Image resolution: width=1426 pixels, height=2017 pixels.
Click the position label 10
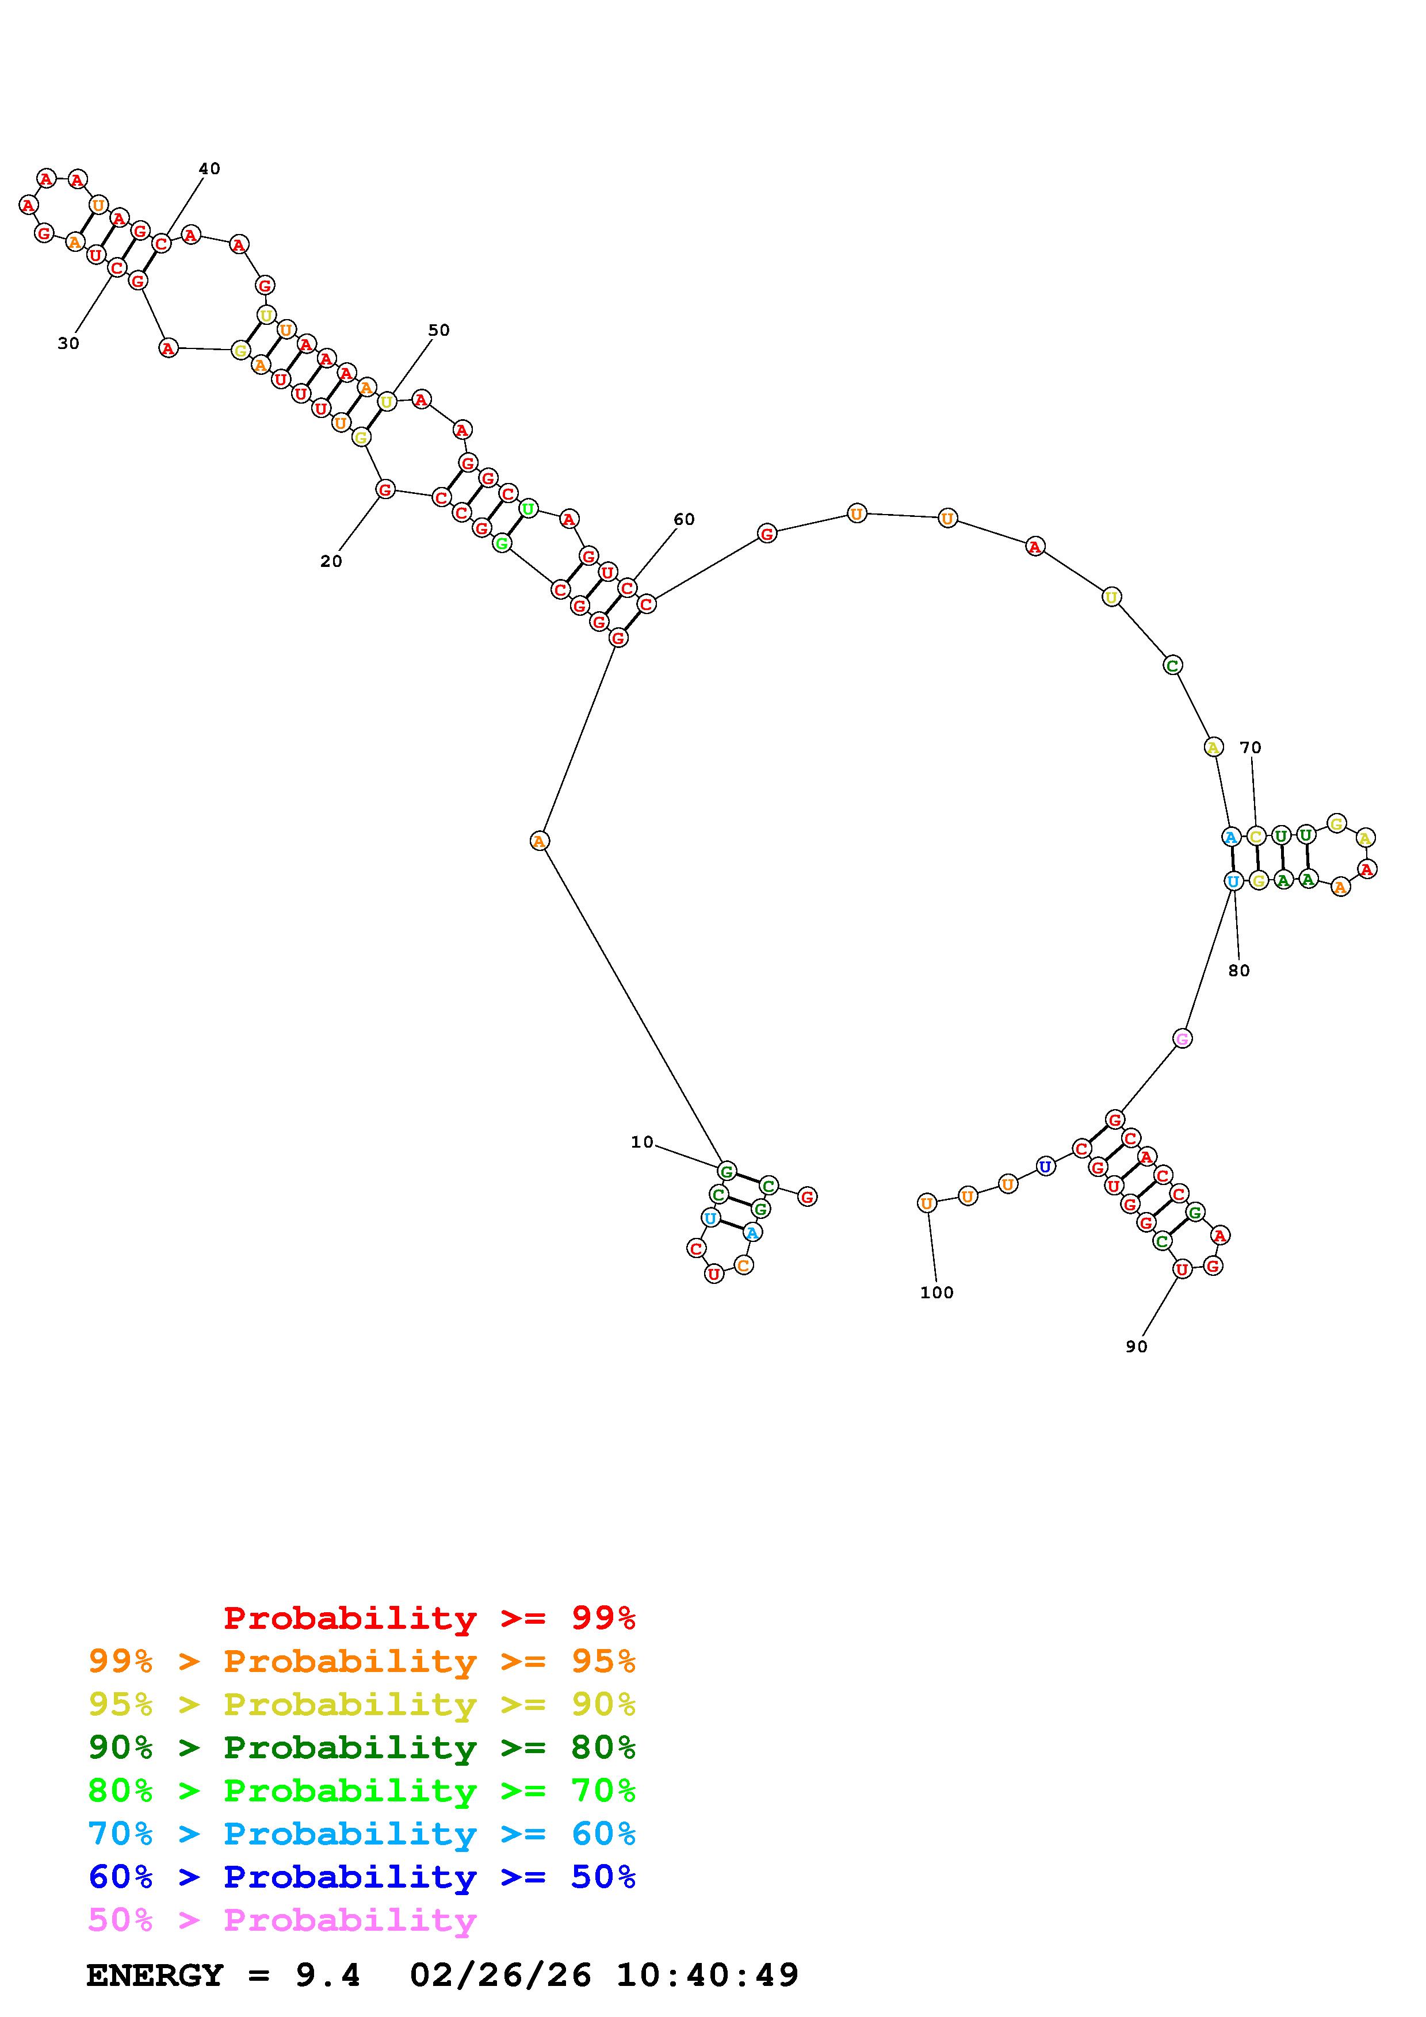pyautogui.click(x=643, y=1142)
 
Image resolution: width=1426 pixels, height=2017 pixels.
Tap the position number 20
pyautogui.click(x=331, y=561)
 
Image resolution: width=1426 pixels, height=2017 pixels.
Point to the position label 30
pyautogui.click(x=68, y=343)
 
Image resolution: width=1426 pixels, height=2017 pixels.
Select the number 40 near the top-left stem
pyautogui.click(x=209, y=168)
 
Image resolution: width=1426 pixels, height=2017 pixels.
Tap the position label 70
pyautogui.click(x=1251, y=747)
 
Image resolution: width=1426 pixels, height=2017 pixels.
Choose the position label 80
pyautogui.click(x=1239, y=971)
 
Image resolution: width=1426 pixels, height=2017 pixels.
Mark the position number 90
pyautogui.click(x=1137, y=1347)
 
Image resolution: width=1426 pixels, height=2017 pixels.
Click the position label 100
pyautogui.click(x=936, y=1293)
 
